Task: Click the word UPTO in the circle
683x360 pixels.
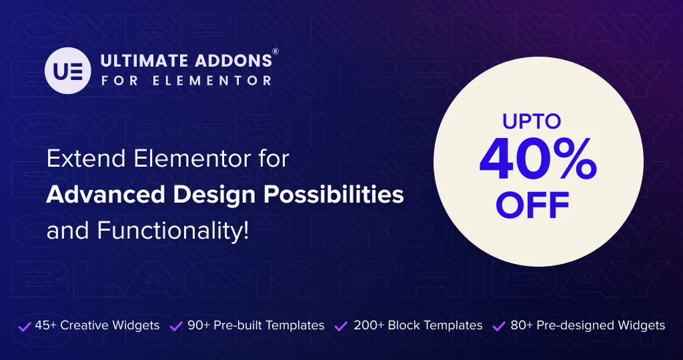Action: [532, 122]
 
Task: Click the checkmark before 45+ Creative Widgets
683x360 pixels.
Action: [25, 326]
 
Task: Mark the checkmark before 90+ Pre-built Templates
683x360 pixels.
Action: [177, 326]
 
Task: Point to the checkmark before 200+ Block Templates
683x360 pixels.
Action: [341, 326]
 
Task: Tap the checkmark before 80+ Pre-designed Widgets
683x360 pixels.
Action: [499, 326]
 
